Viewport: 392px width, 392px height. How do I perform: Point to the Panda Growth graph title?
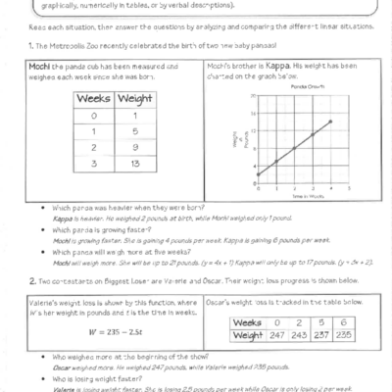(x=285, y=86)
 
